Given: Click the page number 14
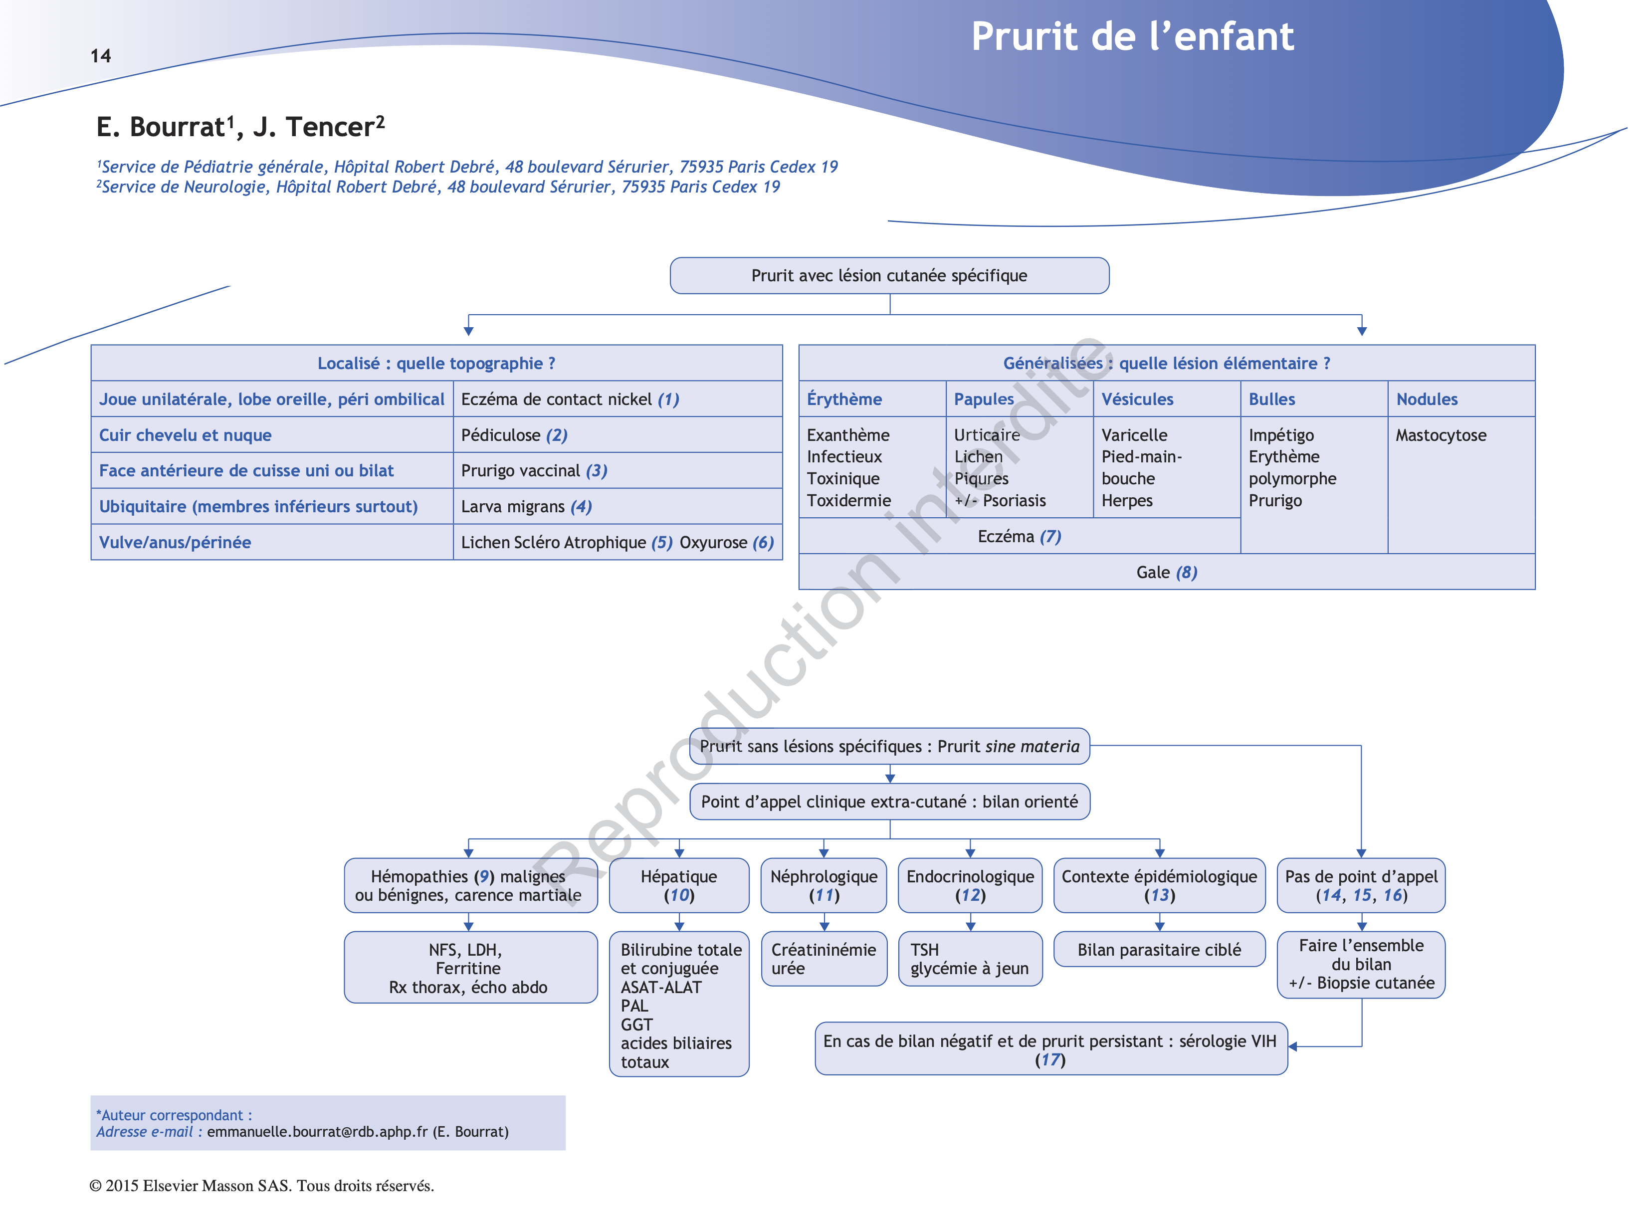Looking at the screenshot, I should [x=101, y=56].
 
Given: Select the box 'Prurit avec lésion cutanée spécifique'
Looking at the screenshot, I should [x=889, y=276].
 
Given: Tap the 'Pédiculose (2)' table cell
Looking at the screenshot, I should [x=514, y=435].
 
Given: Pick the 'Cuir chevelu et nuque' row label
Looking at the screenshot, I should [x=185, y=435].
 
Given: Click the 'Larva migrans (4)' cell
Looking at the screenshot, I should [x=526, y=506].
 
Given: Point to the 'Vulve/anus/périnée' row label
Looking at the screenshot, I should [x=175, y=542].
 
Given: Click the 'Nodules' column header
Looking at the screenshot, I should [x=1426, y=399].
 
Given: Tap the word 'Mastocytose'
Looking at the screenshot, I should [x=1440, y=435].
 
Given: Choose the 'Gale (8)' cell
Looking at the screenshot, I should [x=1166, y=572].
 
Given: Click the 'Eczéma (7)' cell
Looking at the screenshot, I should [x=1019, y=536].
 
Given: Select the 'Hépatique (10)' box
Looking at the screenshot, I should [x=678, y=885].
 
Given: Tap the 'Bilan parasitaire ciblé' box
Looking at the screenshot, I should [x=1159, y=949].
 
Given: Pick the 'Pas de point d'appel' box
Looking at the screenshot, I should [x=1361, y=885].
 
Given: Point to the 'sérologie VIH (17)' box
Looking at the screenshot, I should [x=1050, y=1048].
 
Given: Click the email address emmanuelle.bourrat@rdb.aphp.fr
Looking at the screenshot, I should [x=317, y=1131].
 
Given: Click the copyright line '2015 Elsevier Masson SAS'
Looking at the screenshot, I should [x=262, y=1185].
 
